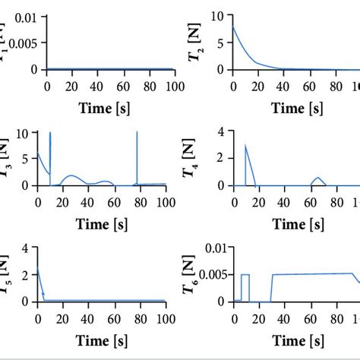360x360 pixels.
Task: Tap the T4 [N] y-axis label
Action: coord(200,159)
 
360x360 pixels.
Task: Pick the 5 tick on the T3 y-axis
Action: coord(28,159)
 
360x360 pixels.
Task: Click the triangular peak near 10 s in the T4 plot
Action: coord(245,146)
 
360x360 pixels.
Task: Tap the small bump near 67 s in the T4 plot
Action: coord(319,179)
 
